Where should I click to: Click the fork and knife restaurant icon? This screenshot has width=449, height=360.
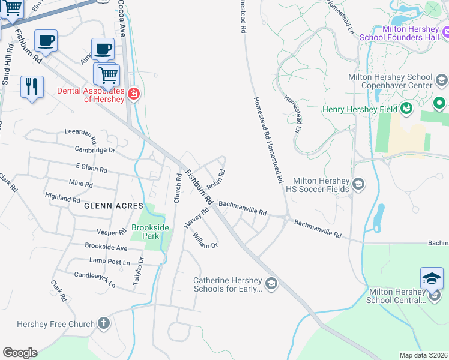point(32,86)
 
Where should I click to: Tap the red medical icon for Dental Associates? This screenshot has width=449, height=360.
point(133,95)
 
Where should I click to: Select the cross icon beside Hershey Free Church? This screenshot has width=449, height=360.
point(104,324)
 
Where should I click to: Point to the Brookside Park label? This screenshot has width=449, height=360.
point(146,232)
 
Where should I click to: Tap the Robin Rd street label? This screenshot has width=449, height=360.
point(215,179)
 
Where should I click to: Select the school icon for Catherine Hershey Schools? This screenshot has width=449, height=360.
point(271,283)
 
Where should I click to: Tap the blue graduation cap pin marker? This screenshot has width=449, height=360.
point(432,278)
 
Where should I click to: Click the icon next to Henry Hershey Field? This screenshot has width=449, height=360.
point(407,109)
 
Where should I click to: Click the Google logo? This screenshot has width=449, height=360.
point(19,353)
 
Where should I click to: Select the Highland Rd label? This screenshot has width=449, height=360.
point(62,197)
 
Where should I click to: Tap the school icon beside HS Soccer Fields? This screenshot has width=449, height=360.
point(358,184)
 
